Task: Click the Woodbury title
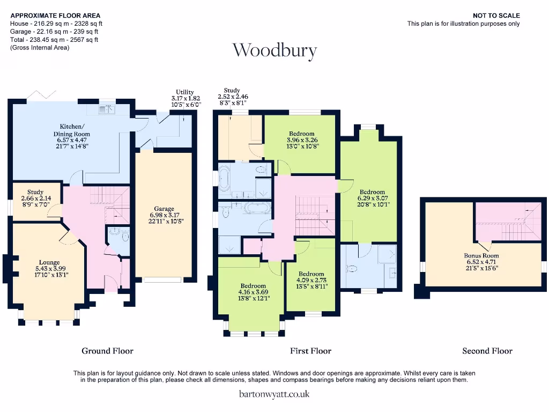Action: point(275,51)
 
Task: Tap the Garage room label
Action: point(164,209)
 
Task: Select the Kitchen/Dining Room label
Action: point(72,130)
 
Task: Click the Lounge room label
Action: point(49,262)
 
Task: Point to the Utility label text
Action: point(185,92)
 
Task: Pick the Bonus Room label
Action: point(481,255)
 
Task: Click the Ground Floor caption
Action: point(107,351)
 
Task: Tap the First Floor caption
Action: point(310,351)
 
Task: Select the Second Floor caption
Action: point(487,351)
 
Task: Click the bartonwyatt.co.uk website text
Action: point(274,394)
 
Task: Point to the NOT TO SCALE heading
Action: point(496,16)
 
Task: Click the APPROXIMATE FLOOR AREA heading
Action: point(55,16)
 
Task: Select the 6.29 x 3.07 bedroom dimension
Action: point(373,198)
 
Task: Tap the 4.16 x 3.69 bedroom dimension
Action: point(253,292)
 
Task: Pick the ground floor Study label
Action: point(35,192)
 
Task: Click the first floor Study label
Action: point(232,90)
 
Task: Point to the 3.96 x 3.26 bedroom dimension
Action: point(302,140)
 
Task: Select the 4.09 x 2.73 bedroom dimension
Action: point(311,280)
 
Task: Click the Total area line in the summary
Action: point(54,40)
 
